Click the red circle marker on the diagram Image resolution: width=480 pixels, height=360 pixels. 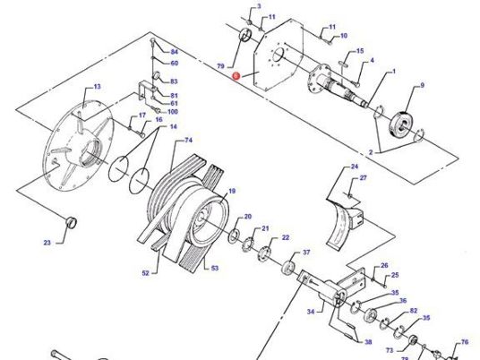(236, 78)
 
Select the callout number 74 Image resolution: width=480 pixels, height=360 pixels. (189, 141)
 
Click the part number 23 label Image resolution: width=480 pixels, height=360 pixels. (47, 243)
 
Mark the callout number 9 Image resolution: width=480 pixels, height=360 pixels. (422, 85)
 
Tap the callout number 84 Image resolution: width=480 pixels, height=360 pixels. (175, 52)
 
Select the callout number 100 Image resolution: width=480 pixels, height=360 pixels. (172, 111)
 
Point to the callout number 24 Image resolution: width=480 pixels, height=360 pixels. (354, 167)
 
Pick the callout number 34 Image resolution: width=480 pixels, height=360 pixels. (311, 313)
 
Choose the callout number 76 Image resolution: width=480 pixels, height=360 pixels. (465, 342)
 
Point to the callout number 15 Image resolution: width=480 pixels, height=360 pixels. (360, 51)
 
